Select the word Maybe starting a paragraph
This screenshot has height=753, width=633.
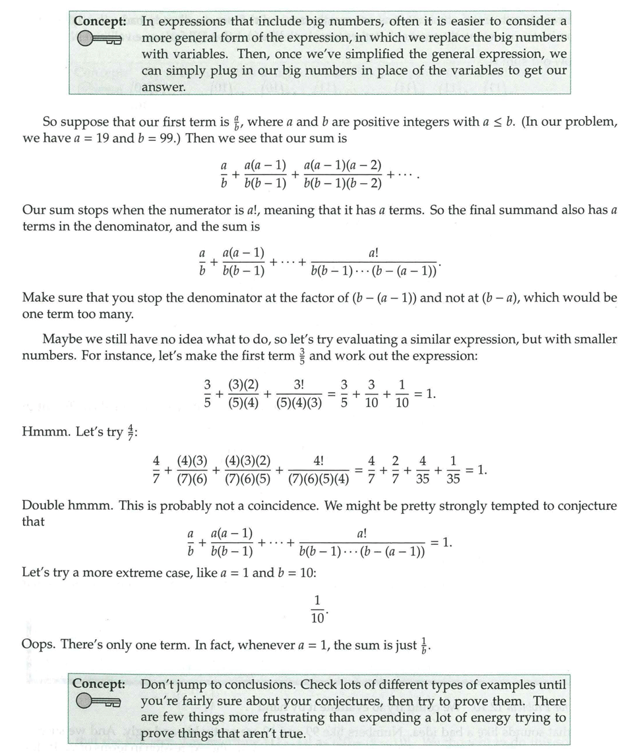[61, 339]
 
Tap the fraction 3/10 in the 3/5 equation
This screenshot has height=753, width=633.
[371, 393]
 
